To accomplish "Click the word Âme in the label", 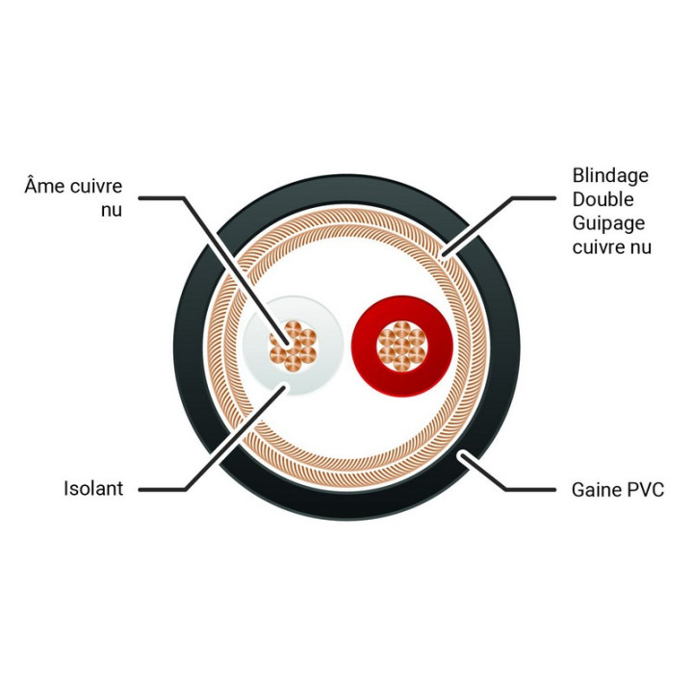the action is (x=44, y=185).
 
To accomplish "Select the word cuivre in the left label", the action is (x=95, y=186).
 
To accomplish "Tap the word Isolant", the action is (x=93, y=488).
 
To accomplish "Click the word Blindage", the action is (x=610, y=176).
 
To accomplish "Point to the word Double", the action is (x=603, y=199).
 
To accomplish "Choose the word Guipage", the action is (x=608, y=224).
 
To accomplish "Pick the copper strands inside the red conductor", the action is (x=402, y=346).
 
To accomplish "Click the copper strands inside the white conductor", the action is (x=293, y=346).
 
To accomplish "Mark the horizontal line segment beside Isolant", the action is (x=162, y=490).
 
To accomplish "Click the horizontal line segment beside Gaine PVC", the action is (x=530, y=490).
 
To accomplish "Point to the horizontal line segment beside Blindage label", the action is (x=533, y=198).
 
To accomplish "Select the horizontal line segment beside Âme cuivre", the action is (x=161, y=198).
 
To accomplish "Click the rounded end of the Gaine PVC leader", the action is (x=462, y=454).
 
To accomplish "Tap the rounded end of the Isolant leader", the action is (x=283, y=388).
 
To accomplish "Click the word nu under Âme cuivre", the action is (x=112, y=210).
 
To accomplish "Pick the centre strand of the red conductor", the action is (x=402, y=346).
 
